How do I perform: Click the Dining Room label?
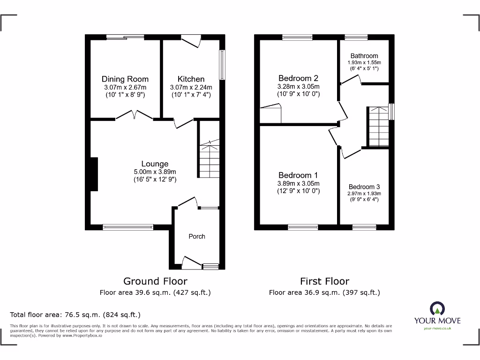pyautogui.click(x=125, y=79)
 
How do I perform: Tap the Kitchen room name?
pyautogui.click(x=191, y=79)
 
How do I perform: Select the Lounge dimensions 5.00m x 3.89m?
pyautogui.click(x=155, y=172)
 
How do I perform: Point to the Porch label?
pyautogui.click(x=197, y=236)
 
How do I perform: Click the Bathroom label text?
pyautogui.click(x=364, y=56)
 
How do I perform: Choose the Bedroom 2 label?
pyautogui.click(x=299, y=78)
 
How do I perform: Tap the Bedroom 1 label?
pyautogui.click(x=299, y=175)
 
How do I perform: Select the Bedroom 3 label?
pyautogui.click(x=364, y=187)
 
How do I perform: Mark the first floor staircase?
pyautogui.click(x=378, y=127)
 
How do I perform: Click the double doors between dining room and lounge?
pyautogui.click(x=134, y=115)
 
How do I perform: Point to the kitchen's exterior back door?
pyautogui.click(x=191, y=42)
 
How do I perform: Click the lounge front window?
pyautogui.click(x=128, y=227)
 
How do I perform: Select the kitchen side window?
pyautogui.click(x=222, y=64)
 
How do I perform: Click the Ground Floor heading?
pyautogui.click(x=155, y=281)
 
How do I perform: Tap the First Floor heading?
pyautogui.click(x=324, y=281)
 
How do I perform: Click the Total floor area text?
pyautogui.click(x=75, y=315)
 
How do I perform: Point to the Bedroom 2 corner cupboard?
pyautogui.click(x=271, y=114)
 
